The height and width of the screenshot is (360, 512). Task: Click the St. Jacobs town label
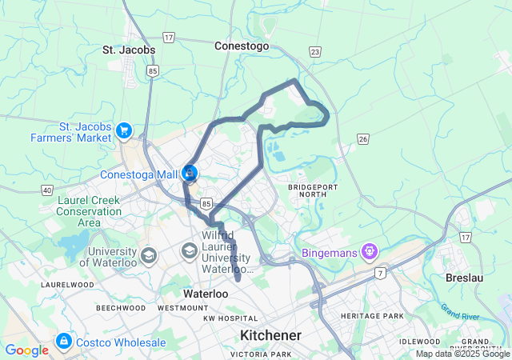[x=129, y=50]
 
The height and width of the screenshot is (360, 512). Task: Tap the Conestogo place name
[x=241, y=46]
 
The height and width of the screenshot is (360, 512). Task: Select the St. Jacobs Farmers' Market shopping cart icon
[x=124, y=130]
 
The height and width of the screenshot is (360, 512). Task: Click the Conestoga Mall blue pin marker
[x=190, y=172]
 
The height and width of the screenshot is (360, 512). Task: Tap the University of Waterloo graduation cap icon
[x=148, y=255]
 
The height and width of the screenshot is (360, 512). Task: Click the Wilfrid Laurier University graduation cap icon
[x=190, y=251]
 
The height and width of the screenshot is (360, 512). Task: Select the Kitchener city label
[x=270, y=335]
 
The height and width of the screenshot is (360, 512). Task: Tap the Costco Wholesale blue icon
[x=62, y=342]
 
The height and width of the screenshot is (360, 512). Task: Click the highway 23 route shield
[x=315, y=52]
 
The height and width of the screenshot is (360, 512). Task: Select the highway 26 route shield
[x=363, y=139]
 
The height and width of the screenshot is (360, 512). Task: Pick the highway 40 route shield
[x=47, y=190]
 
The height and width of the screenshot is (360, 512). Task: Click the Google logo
[x=26, y=350]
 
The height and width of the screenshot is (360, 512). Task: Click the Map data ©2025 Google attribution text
[x=462, y=354]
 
